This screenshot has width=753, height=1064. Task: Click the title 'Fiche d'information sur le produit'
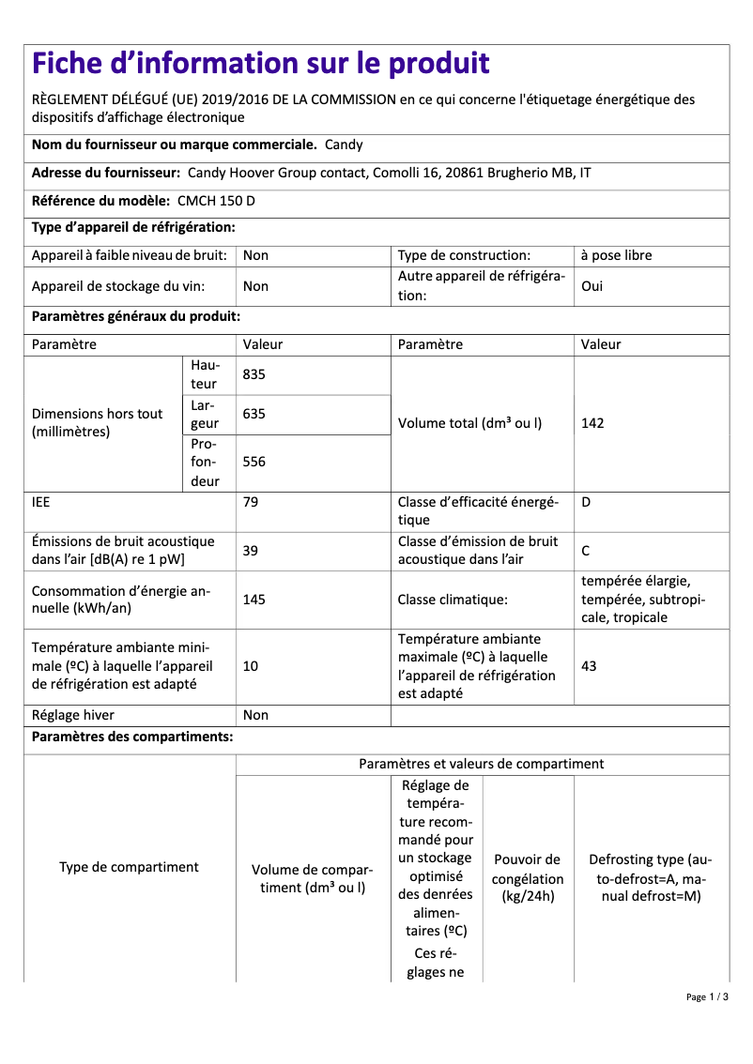coord(260,64)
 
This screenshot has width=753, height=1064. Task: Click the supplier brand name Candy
coord(344,145)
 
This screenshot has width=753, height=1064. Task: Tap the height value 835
coord(254,374)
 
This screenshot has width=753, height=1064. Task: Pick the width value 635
coord(254,414)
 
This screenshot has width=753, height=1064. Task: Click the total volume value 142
coord(592,423)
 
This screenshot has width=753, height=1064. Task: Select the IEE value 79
coord(251,502)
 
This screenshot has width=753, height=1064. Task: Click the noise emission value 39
coord(251,551)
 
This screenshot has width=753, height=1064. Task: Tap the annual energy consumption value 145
coord(254,600)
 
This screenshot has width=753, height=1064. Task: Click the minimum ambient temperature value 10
coord(251,666)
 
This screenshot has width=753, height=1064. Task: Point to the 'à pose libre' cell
coord(616,255)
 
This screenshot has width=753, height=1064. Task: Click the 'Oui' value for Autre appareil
coord(592,286)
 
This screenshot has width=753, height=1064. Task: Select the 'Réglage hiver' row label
coord(72,715)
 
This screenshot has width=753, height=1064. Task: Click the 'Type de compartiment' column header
coord(129,867)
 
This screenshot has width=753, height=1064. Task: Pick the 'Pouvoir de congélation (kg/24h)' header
coord(528,878)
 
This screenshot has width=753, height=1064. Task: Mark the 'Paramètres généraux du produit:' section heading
coord(136,317)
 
